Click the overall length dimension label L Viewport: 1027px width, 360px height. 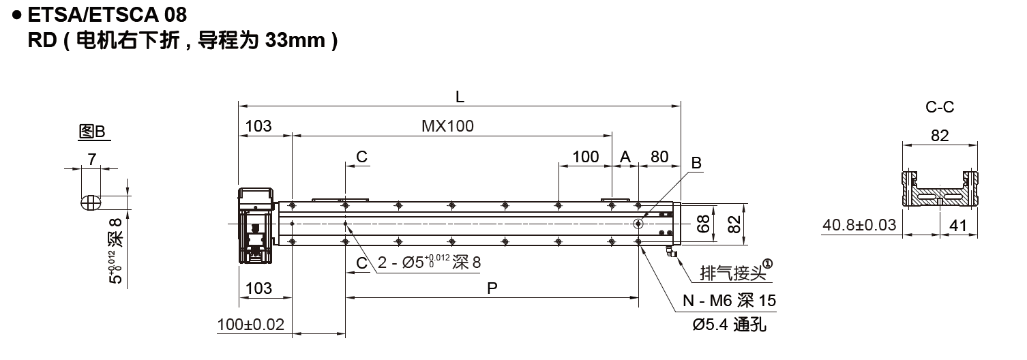pos(460,97)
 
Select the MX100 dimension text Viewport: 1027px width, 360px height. pos(447,126)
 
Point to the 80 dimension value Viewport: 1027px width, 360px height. pos(659,157)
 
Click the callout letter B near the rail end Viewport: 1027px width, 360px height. pos(696,163)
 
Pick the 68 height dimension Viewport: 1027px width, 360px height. pos(704,223)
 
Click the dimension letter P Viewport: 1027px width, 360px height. pos(492,288)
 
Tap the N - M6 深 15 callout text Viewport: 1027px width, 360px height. pos(729,301)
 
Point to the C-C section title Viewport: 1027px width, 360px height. pos(939,107)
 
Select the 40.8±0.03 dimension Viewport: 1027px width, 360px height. pos(860,225)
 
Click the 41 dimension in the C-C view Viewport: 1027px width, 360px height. pos(958,225)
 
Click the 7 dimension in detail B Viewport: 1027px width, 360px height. pos(91,159)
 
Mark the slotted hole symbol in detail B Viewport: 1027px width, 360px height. pos(90,202)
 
